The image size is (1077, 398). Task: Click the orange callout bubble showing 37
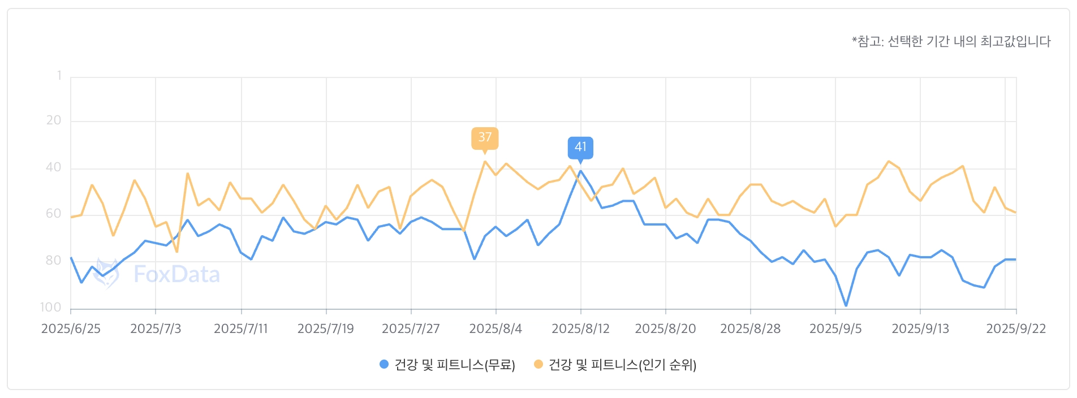(485, 137)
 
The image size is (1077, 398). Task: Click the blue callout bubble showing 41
(580, 147)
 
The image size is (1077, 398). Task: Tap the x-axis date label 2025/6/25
(71, 329)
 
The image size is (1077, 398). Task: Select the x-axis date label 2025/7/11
(240, 329)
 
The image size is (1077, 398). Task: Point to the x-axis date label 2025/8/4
(496, 329)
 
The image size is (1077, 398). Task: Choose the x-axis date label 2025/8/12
(580, 329)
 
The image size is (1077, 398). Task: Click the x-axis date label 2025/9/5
(835, 329)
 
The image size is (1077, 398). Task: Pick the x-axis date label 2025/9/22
(1016, 329)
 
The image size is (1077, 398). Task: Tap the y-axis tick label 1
(59, 76)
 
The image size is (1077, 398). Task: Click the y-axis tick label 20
(54, 120)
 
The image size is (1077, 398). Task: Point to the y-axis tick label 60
(54, 214)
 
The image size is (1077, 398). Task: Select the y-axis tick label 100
(50, 308)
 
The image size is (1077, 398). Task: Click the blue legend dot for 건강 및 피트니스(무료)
(384, 365)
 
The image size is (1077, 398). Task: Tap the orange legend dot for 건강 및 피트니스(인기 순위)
(538, 365)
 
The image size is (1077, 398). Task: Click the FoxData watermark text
(176, 275)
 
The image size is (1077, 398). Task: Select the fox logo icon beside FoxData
(106, 274)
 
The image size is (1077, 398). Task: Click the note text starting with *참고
(951, 41)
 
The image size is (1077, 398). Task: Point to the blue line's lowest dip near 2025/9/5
(846, 305)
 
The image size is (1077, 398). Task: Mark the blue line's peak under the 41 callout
(580, 171)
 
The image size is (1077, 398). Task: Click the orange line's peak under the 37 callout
(485, 162)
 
